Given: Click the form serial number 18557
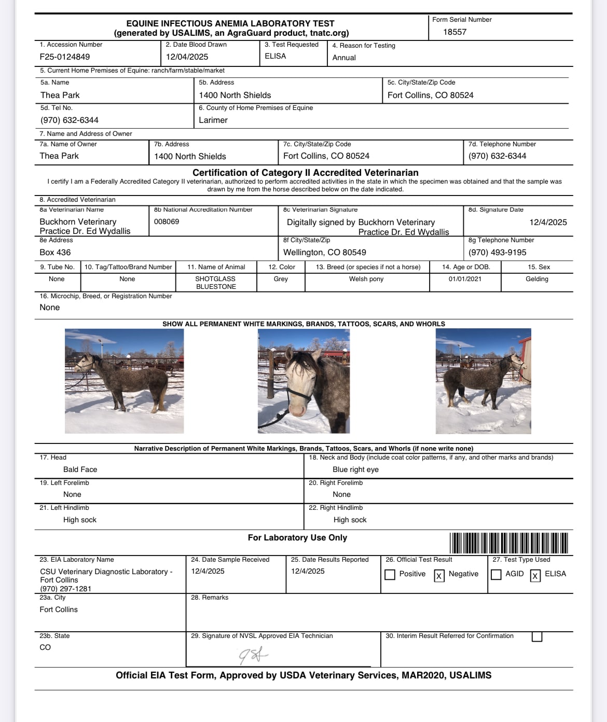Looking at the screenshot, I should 454,32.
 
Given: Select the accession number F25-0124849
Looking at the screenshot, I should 65,57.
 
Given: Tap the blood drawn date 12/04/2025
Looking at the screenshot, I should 187,57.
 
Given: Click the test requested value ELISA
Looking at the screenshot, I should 275,56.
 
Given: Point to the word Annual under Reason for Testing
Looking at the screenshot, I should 344,58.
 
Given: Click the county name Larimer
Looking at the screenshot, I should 213,120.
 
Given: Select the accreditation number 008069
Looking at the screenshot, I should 167,222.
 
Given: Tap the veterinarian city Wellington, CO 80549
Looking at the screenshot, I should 324,253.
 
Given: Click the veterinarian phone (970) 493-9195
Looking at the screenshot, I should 497,253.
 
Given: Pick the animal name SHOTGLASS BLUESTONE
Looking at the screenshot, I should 215,283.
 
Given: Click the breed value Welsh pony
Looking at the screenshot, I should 366,279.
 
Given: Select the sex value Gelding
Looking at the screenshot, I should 536,279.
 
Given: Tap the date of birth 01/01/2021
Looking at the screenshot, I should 465,279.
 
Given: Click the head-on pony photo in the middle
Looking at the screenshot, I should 303,381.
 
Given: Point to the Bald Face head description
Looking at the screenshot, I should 80,470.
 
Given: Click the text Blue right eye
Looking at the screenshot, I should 355,470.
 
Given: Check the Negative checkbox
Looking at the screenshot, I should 439,575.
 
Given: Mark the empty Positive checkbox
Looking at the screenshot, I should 390,575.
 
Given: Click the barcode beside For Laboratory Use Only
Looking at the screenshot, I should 508,543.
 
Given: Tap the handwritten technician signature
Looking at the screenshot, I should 253,656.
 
